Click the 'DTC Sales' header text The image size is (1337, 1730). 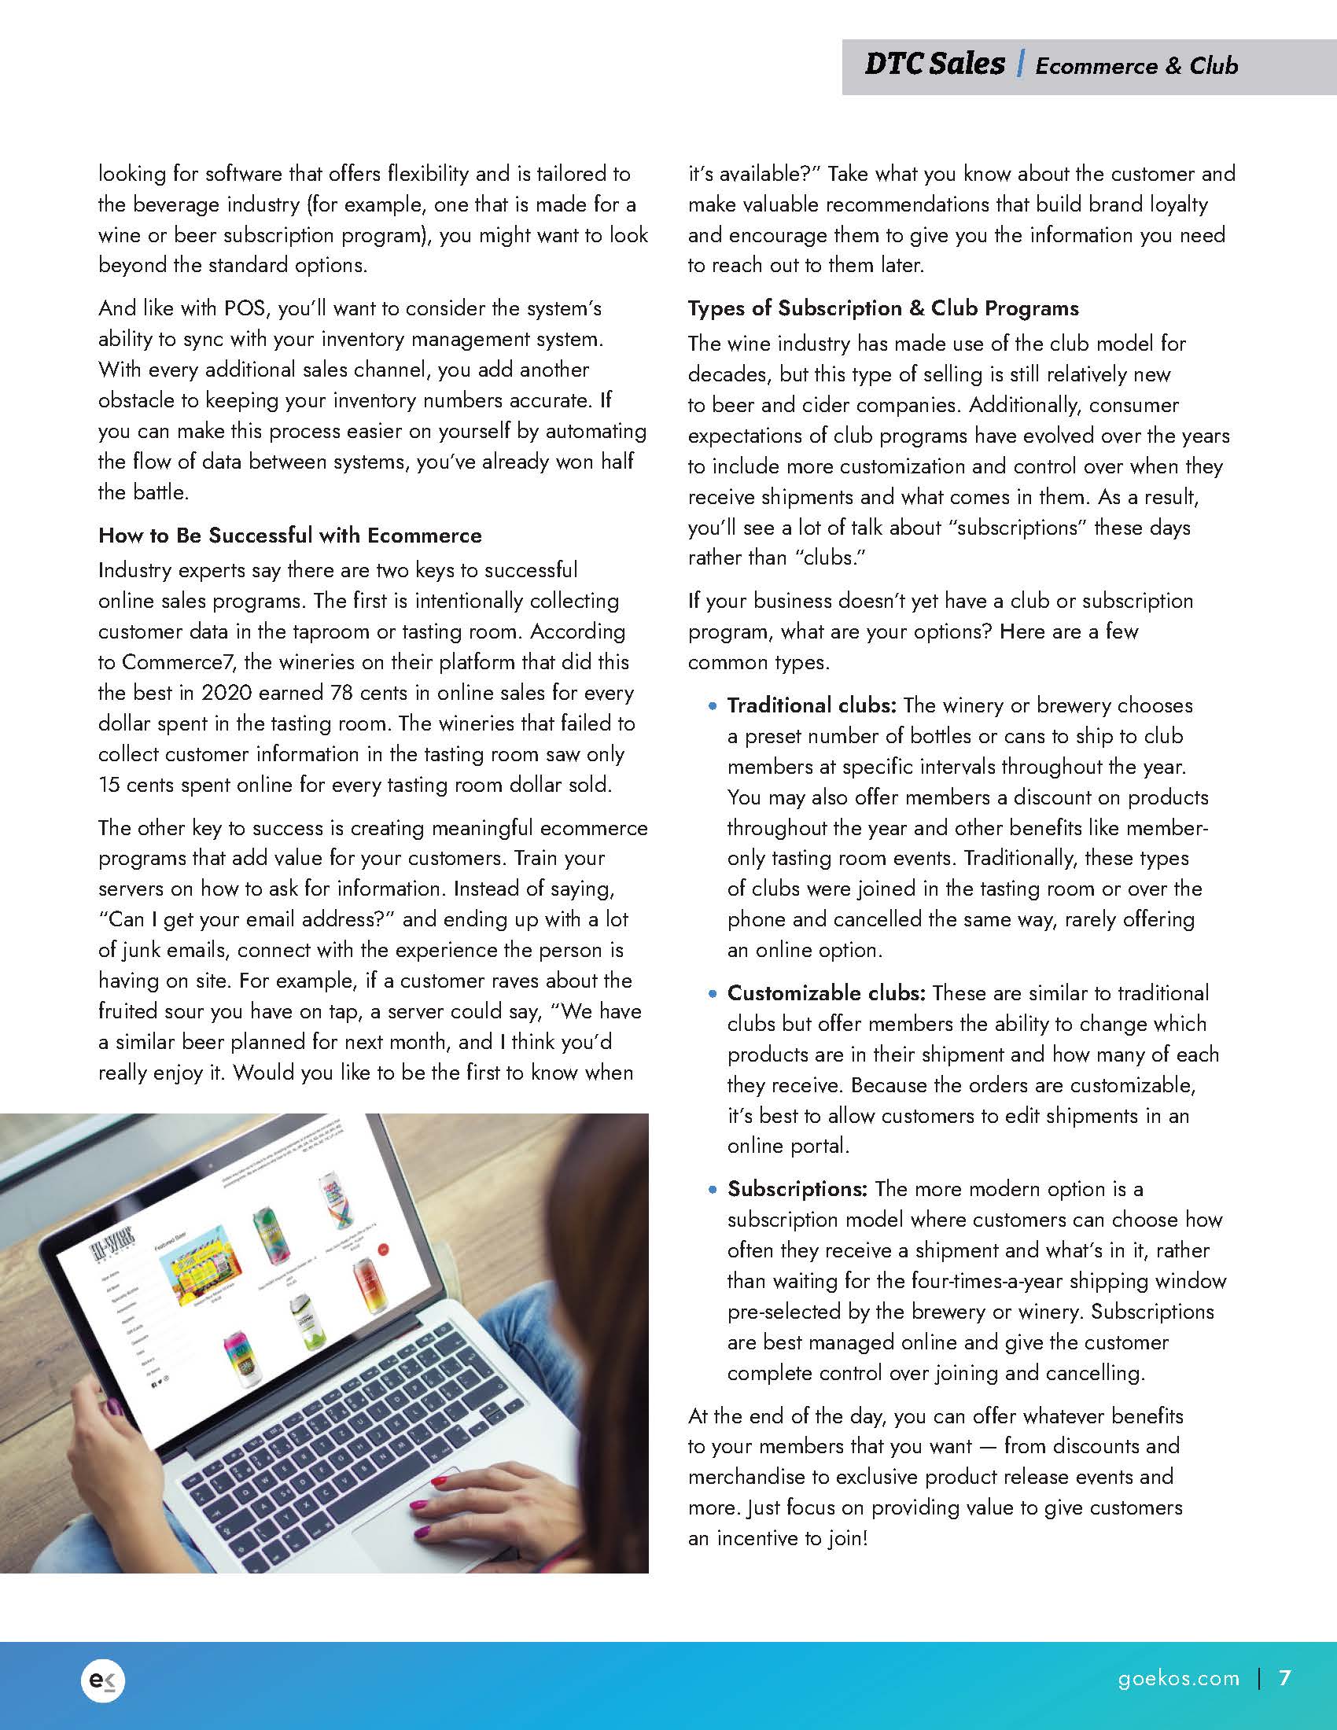934,64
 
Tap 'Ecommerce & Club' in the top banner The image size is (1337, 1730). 1136,66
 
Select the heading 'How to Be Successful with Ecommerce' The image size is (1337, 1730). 290,536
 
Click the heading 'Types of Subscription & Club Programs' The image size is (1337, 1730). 883,308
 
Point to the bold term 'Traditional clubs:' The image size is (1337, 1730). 812,705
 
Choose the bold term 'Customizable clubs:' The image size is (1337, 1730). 826,993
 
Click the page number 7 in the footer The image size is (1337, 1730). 1285,1678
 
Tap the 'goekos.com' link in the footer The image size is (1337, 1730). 1179,1679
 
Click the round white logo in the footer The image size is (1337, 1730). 103,1680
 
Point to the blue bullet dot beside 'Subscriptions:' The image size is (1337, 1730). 713,1190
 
